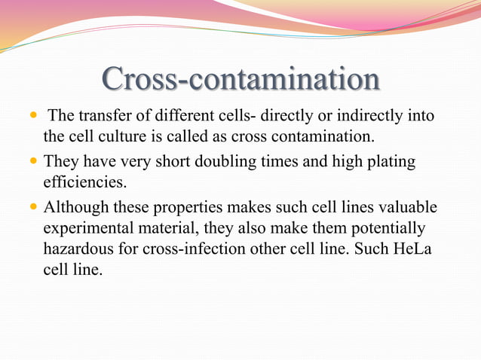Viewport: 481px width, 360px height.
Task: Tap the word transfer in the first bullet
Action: click(103, 117)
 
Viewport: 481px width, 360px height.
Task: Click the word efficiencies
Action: click(82, 183)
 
